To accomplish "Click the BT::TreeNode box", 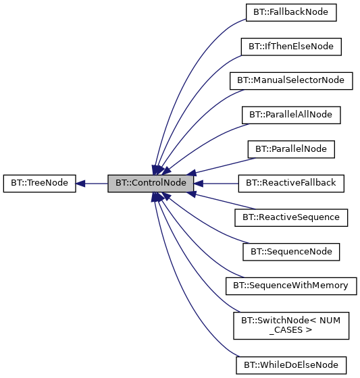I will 39,183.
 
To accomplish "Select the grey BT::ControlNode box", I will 151,183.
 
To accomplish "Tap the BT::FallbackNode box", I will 290,11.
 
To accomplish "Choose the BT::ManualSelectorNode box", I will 290,80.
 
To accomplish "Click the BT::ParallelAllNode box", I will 290,114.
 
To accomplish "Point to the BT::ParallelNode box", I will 290,148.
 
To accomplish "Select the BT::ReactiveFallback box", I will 290,183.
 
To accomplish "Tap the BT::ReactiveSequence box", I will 290,217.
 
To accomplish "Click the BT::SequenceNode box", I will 290,251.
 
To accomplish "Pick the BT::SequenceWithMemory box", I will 290,286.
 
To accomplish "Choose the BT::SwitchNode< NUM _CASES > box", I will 290,325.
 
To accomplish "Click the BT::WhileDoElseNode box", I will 290,364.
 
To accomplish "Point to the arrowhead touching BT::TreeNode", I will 80,183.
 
